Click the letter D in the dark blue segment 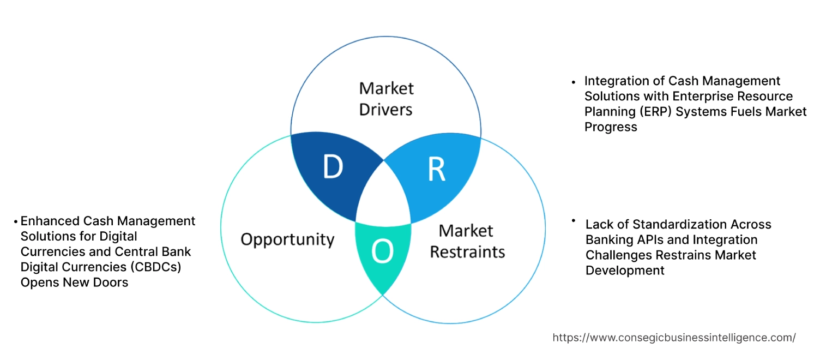tap(333, 167)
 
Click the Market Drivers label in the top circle tap(385, 99)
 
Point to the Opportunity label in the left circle tap(287, 239)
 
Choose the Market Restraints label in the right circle tap(467, 241)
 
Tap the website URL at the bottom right tap(674, 338)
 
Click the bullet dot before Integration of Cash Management tap(574, 82)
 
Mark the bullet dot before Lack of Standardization tap(574, 220)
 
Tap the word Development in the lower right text tap(625, 270)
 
